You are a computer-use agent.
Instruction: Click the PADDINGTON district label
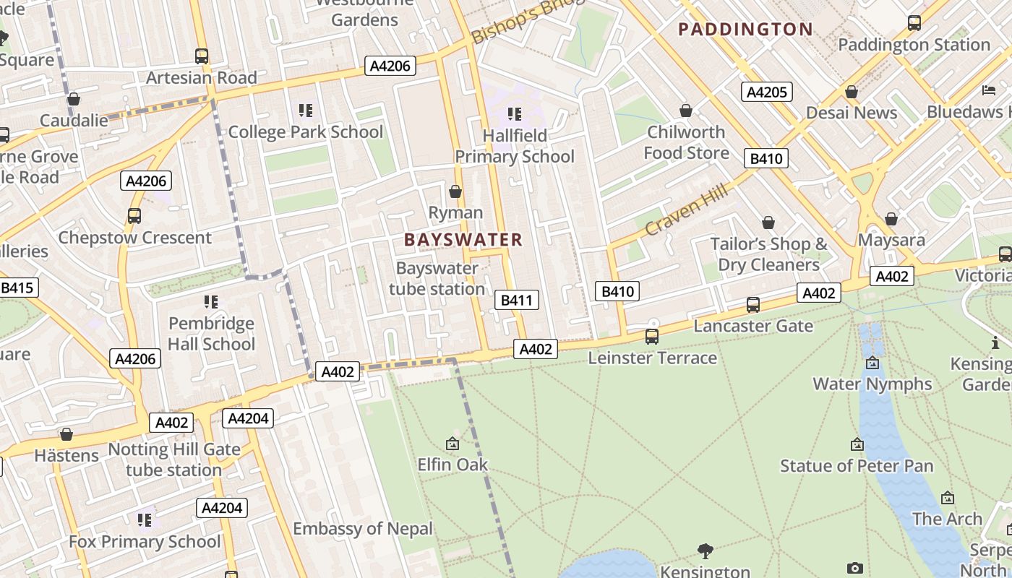click(x=745, y=30)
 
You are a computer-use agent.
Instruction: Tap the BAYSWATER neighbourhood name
click(x=463, y=240)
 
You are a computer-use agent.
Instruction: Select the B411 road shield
click(x=518, y=300)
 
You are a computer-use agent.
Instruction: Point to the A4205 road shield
click(x=767, y=92)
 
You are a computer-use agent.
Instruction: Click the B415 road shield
click(x=17, y=288)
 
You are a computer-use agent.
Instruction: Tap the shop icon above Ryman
click(x=455, y=191)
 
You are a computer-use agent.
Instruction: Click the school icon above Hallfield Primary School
click(x=515, y=113)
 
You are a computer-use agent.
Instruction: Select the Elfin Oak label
click(x=453, y=465)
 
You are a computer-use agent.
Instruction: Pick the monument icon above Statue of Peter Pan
click(x=857, y=444)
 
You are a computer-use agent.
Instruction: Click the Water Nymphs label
click(x=872, y=384)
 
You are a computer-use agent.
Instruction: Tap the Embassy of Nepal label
click(x=363, y=528)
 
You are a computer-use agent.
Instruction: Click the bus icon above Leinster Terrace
click(x=652, y=336)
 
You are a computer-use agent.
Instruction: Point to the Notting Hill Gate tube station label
click(x=173, y=460)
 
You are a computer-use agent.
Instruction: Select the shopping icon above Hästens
click(x=67, y=434)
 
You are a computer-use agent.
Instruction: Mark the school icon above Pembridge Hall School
click(x=211, y=301)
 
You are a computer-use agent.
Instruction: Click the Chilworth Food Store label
click(x=686, y=142)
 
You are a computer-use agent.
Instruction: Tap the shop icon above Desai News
click(x=852, y=92)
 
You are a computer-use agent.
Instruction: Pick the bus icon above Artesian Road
click(x=202, y=56)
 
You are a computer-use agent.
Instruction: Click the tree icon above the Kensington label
click(x=706, y=551)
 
